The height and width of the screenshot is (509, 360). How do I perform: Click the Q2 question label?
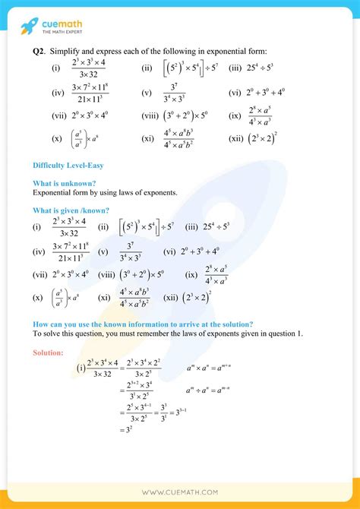[x=40, y=51]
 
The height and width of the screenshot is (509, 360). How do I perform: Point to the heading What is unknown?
[x=65, y=183]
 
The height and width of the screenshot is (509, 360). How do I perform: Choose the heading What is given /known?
[x=71, y=210]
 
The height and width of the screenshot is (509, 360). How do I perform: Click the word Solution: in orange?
[x=49, y=353]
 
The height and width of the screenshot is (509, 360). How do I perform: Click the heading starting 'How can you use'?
[x=143, y=324]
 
